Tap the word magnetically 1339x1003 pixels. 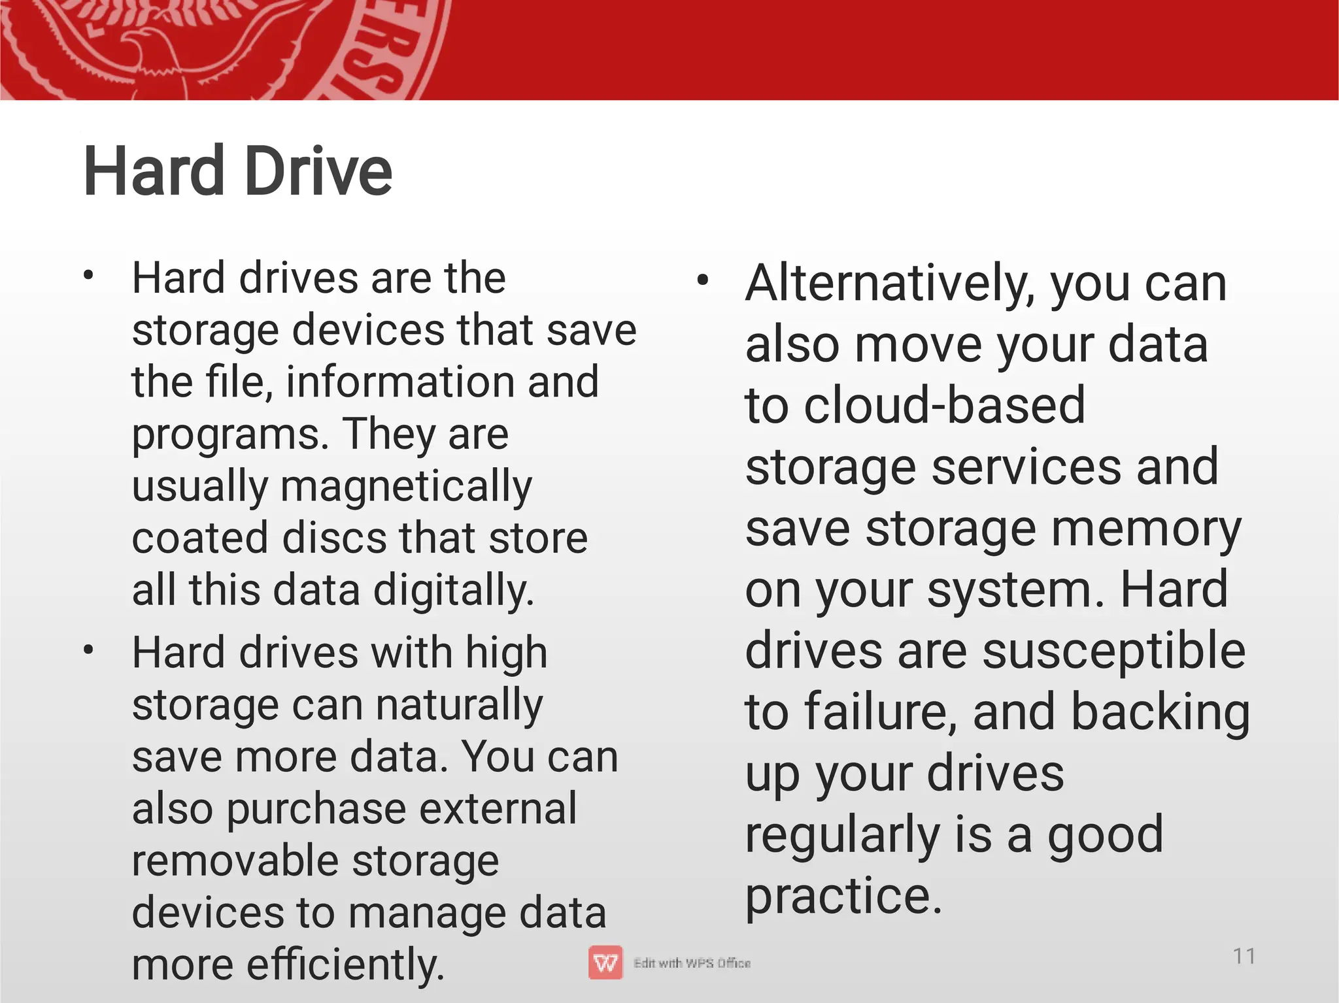tap(406, 487)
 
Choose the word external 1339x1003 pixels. tap(498, 809)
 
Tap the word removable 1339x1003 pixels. tap(233, 861)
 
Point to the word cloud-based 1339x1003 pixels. tap(944, 406)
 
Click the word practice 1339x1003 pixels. tap(843, 896)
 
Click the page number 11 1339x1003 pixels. tap(1244, 957)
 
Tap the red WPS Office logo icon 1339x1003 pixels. tap(605, 963)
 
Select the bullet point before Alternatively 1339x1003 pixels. tap(703, 282)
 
